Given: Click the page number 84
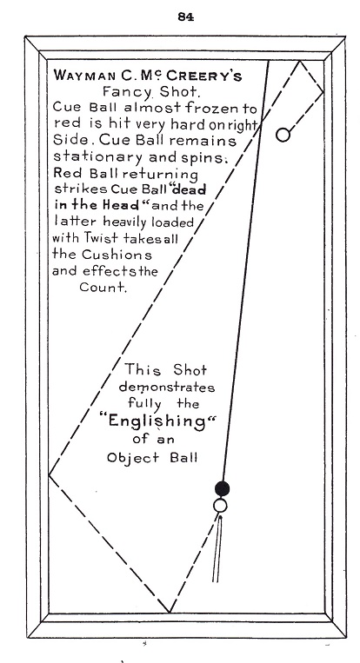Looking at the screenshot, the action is click(x=186, y=17).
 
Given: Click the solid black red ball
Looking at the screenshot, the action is click(x=222, y=488).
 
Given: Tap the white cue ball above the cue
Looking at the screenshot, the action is click(x=220, y=505).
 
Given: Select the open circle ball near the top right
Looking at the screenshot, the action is click(x=283, y=135).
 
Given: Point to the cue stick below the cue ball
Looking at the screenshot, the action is click(x=217, y=547).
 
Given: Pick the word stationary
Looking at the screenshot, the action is click(x=97, y=157).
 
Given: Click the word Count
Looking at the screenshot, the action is click(x=103, y=288).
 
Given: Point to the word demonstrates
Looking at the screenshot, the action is click(x=167, y=388).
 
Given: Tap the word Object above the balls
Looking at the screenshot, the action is click(x=133, y=458).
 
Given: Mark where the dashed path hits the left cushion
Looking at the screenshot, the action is click(x=49, y=475).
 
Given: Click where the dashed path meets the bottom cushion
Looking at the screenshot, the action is click(x=170, y=612).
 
